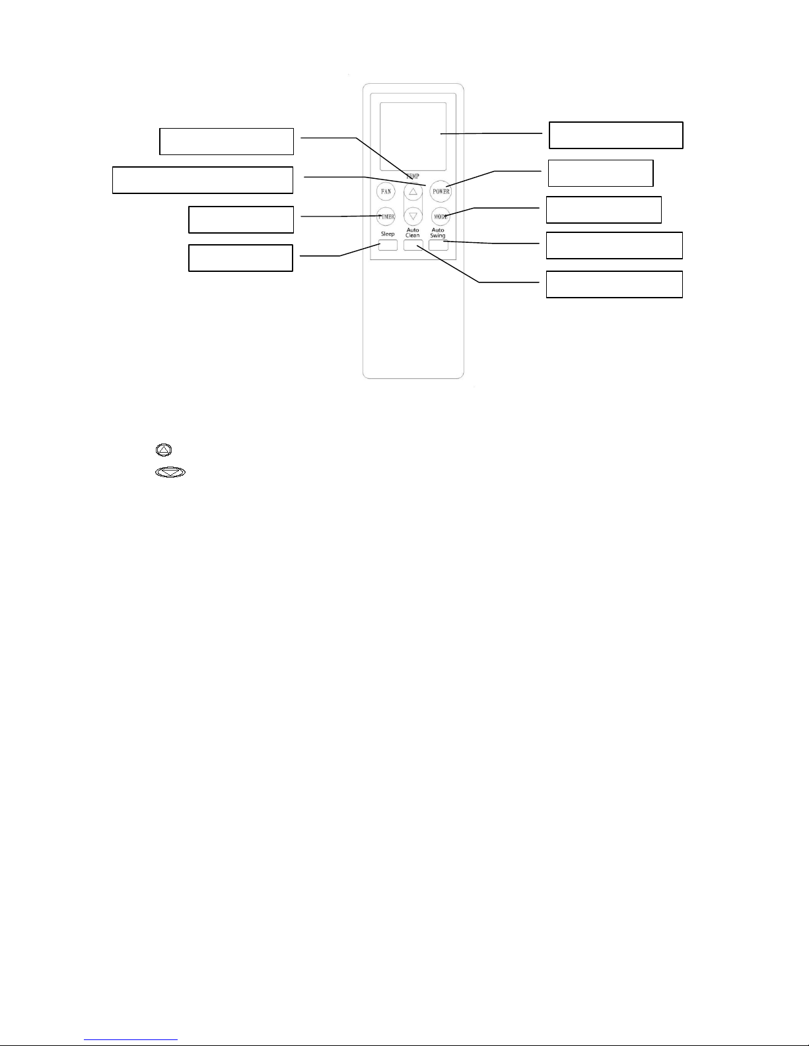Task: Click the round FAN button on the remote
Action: [x=386, y=191]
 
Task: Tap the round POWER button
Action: [x=440, y=191]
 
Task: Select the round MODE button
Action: [x=440, y=216]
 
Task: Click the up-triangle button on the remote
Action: [x=413, y=192]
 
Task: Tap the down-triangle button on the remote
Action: [x=413, y=216]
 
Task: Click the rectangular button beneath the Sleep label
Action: [x=388, y=245]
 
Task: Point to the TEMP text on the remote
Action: [x=413, y=177]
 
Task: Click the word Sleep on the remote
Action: [x=388, y=234]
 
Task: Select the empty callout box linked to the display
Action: [x=616, y=135]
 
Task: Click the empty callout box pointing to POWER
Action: [x=600, y=173]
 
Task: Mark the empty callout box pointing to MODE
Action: [x=604, y=210]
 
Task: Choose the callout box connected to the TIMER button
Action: [x=241, y=220]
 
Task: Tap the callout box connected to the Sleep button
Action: [x=240, y=258]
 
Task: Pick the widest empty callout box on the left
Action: [x=203, y=180]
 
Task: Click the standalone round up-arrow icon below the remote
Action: [x=164, y=450]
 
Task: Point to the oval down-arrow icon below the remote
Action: [x=170, y=473]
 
